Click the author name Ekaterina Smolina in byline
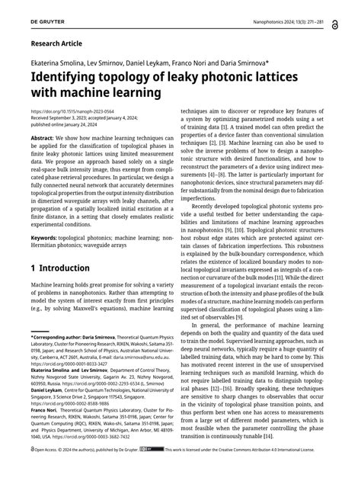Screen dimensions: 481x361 (56, 61)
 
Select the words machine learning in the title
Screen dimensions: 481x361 (109, 92)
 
